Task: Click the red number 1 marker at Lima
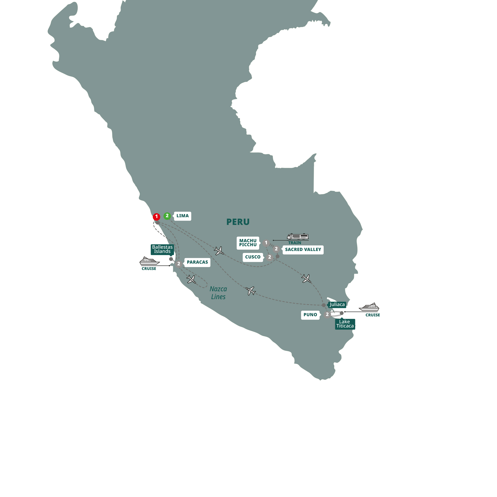(156, 217)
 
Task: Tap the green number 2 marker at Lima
(167, 216)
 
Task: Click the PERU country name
(238, 222)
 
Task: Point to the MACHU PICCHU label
(248, 243)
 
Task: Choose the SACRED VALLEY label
(303, 249)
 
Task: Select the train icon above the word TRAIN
(298, 236)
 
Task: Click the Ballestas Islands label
(162, 249)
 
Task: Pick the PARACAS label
(197, 262)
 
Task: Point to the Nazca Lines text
(218, 293)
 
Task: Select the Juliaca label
(337, 304)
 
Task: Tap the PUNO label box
(310, 315)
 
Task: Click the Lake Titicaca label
(345, 324)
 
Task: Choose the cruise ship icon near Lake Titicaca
(369, 307)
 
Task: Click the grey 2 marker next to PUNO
(327, 314)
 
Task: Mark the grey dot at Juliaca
(324, 305)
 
